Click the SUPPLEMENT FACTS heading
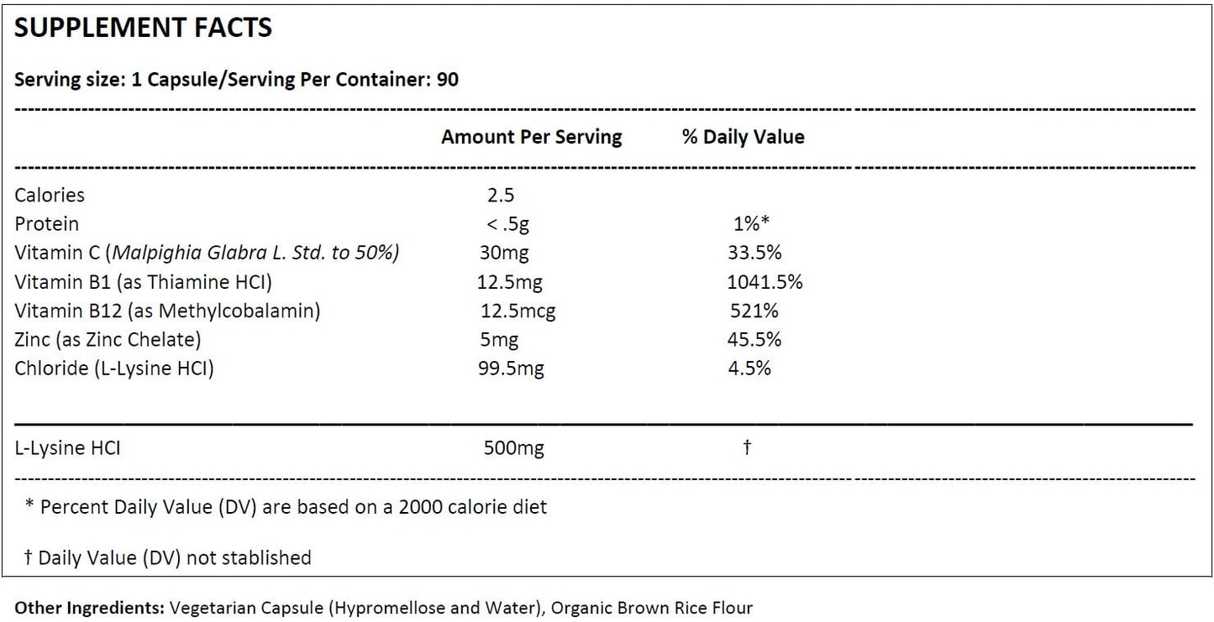click(x=143, y=28)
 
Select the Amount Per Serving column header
click(x=531, y=138)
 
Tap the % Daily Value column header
click(x=743, y=137)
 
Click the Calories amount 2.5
click(x=500, y=195)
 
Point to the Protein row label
click(x=46, y=223)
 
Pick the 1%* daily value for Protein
click(x=751, y=223)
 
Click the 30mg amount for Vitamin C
click(x=504, y=253)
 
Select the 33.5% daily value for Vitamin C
click(x=754, y=253)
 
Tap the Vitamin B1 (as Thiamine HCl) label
click(x=143, y=282)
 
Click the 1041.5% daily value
click(x=765, y=281)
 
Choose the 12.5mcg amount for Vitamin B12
click(x=518, y=311)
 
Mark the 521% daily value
click(x=754, y=311)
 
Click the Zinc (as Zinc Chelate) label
click(x=108, y=339)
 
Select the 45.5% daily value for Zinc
click(x=754, y=339)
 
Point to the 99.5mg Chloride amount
click(x=511, y=368)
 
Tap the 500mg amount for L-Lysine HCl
click(x=514, y=448)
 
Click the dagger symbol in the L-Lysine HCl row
click(x=747, y=447)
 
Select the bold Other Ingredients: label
click(x=89, y=608)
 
